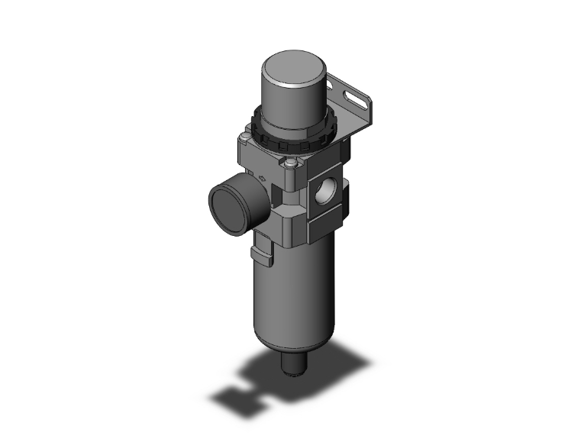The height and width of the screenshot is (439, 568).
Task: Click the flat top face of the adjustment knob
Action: point(295,62)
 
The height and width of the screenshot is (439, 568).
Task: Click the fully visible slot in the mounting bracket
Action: point(354,98)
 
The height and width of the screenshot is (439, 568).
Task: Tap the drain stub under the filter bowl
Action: point(293,366)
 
